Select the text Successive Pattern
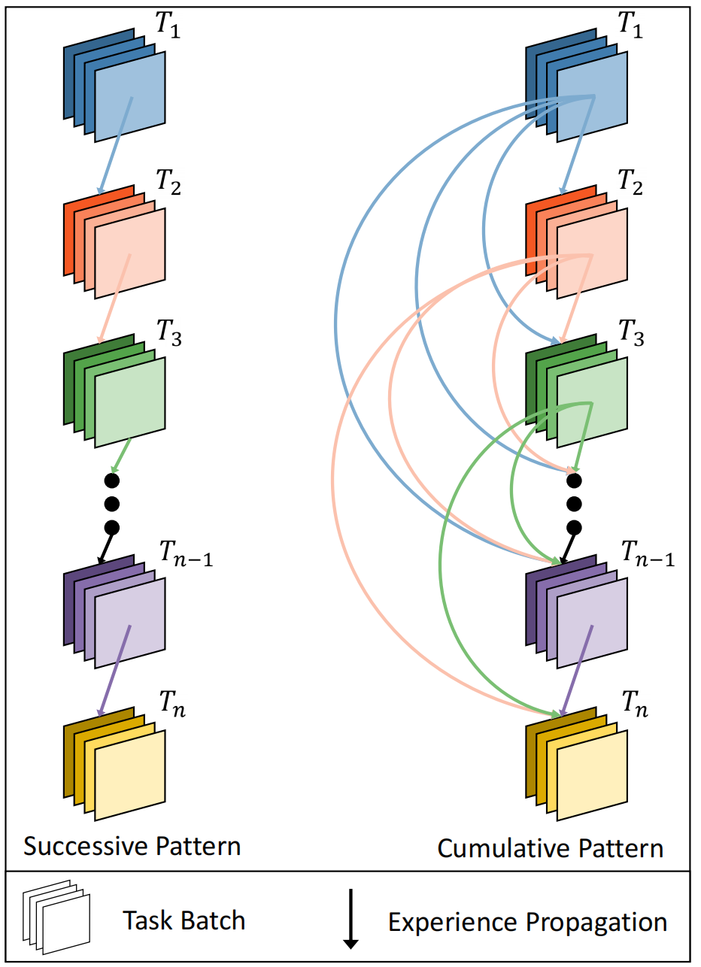132,846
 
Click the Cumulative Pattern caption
551,849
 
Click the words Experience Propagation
527,921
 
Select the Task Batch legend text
184,920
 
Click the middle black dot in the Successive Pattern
112,503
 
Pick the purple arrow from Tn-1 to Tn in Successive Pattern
114,671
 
